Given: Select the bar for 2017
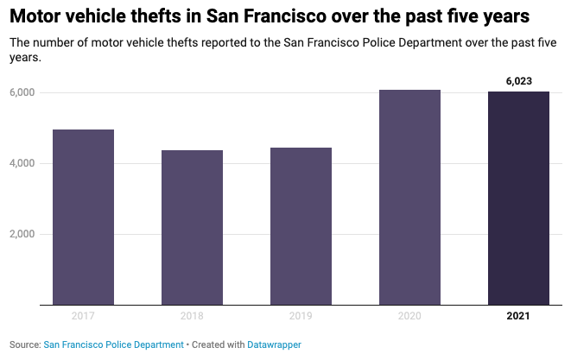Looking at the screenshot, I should [x=83, y=217].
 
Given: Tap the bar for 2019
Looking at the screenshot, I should [x=301, y=226].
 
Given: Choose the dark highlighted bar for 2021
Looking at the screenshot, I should [x=518, y=198].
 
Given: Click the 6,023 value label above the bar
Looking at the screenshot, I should [x=518, y=81].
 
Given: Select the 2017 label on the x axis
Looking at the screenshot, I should [x=83, y=316].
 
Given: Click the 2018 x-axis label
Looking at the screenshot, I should [x=192, y=316].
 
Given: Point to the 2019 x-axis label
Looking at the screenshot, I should [x=301, y=316].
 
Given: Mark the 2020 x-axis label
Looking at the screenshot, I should [x=409, y=316].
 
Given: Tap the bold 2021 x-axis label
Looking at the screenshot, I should [x=518, y=316].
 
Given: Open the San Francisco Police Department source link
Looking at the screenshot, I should [x=113, y=344].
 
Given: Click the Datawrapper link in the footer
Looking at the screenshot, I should [x=275, y=344].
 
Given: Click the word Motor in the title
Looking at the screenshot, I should [x=38, y=16].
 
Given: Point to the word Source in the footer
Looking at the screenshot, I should [x=24, y=344].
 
